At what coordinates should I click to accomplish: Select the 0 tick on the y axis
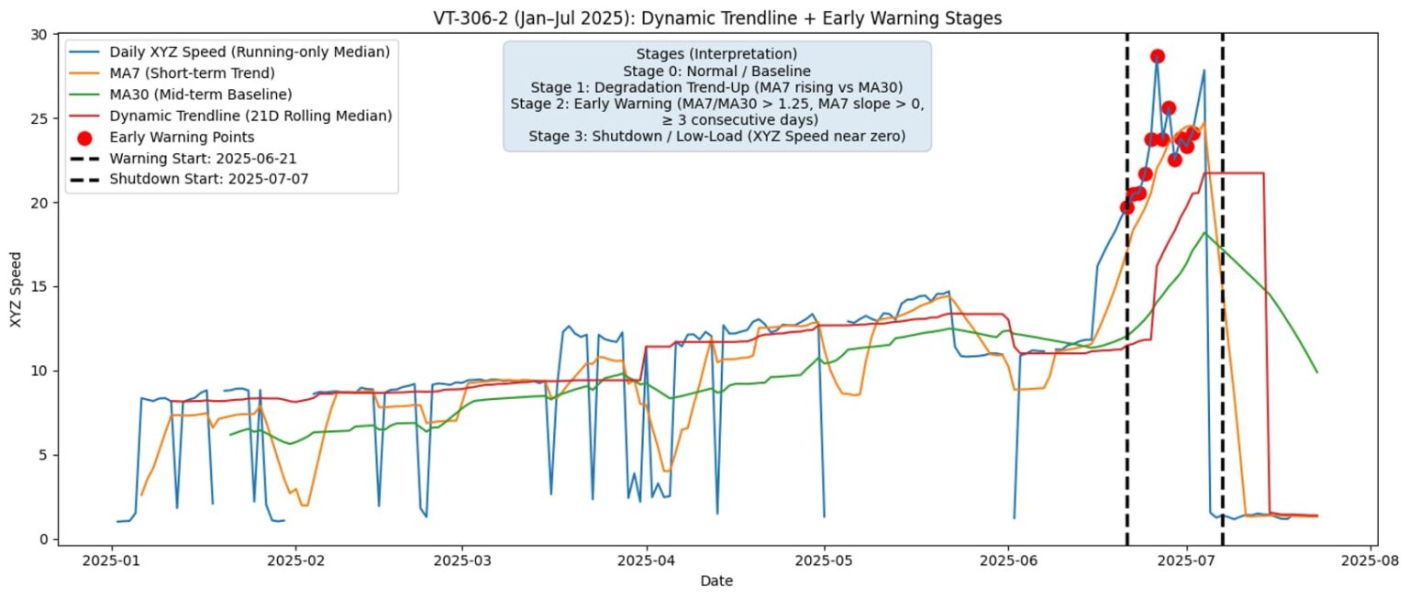(x=42, y=539)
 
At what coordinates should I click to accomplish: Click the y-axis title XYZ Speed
(x=16, y=287)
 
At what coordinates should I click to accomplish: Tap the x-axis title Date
(x=716, y=581)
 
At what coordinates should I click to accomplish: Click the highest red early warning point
(x=1158, y=57)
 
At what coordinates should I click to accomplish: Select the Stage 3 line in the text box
(x=716, y=136)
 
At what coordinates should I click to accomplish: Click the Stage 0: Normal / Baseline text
(x=716, y=70)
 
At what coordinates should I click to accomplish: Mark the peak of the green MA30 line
(x=1205, y=233)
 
